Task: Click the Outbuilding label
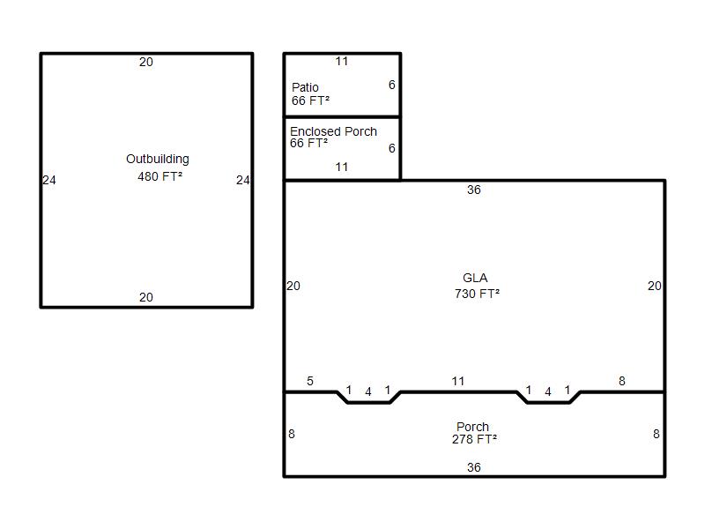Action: tap(158, 160)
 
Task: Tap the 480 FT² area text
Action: tap(160, 176)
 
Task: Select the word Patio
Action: tap(305, 87)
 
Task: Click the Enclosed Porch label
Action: tap(333, 131)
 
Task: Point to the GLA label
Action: tap(475, 278)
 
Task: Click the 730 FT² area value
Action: tap(477, 294)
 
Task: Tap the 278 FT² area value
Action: tap(474, 439)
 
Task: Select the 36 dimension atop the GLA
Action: tap(474, 190)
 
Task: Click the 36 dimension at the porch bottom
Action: tap(474, 467)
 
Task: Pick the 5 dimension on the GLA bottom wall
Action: tap(310, 381)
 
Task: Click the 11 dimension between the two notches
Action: tap(457, 381)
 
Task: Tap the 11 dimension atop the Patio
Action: tap(342, 61)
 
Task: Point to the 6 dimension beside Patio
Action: tap(392, 85)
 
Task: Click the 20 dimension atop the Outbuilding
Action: tap(146, 62)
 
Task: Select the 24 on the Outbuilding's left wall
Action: tap(49, 181)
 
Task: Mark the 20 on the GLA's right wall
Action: tap(655, 286)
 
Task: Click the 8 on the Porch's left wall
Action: tap(292, 434)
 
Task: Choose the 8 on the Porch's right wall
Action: tap(657, 434)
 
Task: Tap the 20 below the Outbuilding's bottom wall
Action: tap(146, 297)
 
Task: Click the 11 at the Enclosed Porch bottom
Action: tap(342, 167)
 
